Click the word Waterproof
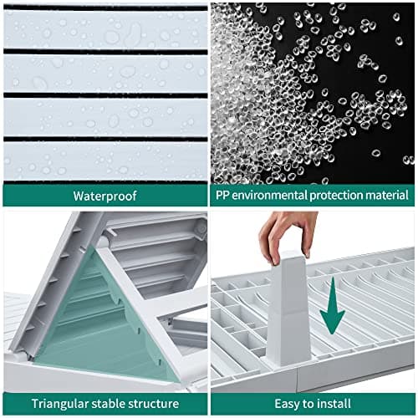point(104,196)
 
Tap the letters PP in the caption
point(222,195)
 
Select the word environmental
point(269,195)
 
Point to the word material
point(387,195)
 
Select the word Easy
point(287,404)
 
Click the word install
point(333,403)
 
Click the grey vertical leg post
point(288,309)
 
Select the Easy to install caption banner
point(313,404)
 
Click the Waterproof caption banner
point(105,196)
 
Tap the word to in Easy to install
point(307,404)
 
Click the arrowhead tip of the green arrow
point(332,334)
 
